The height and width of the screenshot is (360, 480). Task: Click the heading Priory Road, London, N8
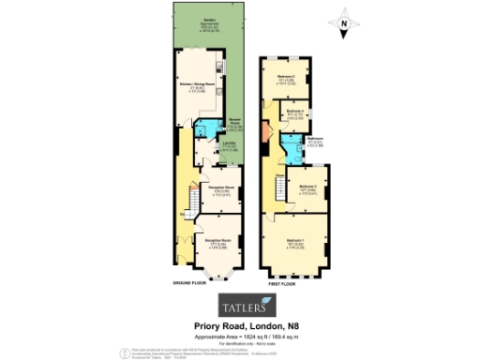point(245,325)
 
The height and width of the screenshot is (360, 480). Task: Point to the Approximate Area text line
point(245,335)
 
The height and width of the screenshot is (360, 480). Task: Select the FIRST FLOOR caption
point(282,282)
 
